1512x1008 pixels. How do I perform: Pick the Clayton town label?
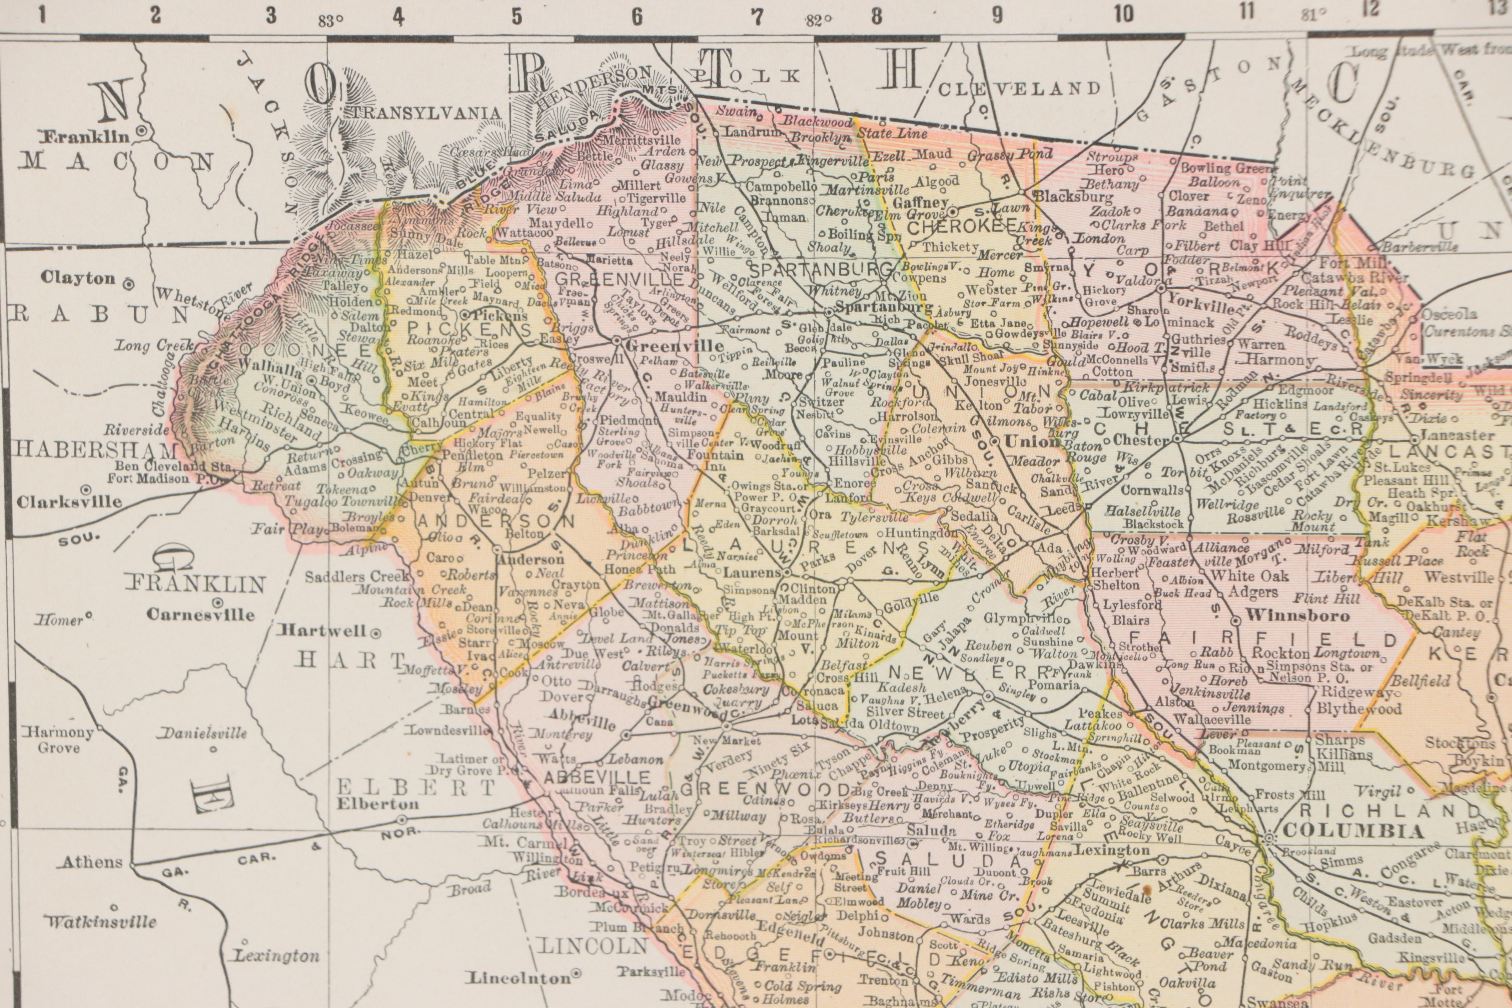coord(78,278)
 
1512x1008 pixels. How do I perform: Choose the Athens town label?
coord(93,862)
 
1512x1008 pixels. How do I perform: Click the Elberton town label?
coord(377,804)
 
